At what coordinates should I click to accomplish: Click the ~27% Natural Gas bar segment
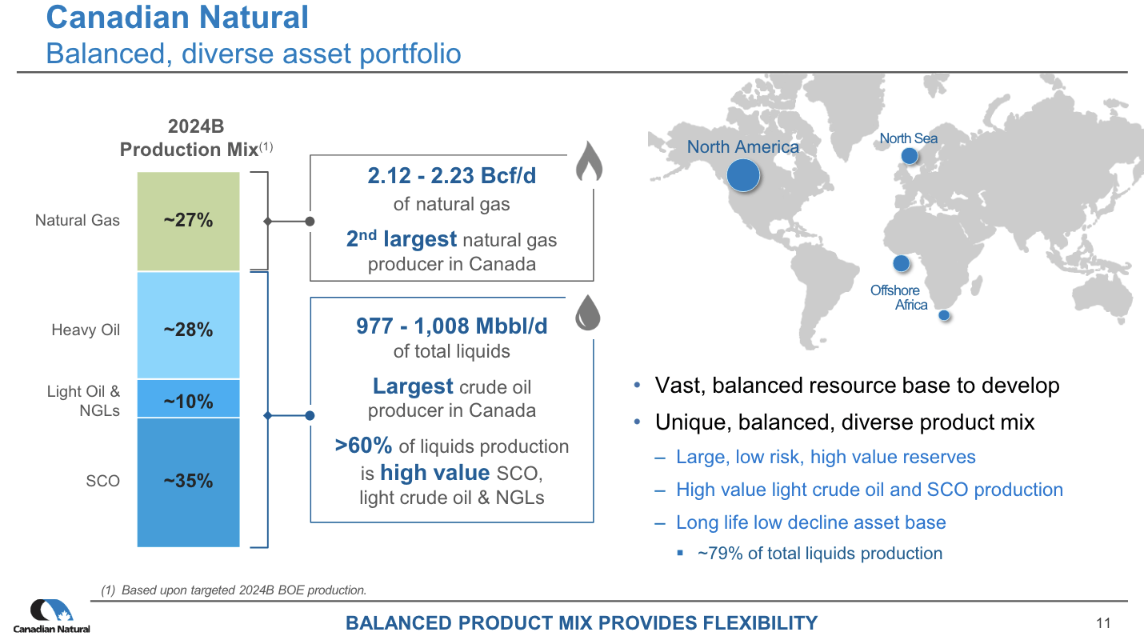coord(188,221)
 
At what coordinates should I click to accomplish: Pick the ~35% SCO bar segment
coord(188,481)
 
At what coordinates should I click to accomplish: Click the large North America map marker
coord(743,175)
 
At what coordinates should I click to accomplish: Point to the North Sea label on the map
coord(908,138)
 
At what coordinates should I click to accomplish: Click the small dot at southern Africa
coord(944,315)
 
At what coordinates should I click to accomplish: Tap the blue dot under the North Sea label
coord(909,155)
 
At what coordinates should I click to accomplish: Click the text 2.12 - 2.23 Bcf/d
coord(451,176)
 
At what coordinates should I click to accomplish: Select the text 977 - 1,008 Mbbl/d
coord(451,326)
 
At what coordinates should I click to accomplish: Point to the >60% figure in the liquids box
coord(363,446)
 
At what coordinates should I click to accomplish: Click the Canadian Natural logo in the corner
coord(51,617)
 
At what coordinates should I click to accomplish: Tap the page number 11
coord(1104,623)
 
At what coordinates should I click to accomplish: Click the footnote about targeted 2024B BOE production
coord(234,590)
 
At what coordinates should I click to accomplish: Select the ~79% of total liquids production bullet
coord(819,554)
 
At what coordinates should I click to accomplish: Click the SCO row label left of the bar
coord(102,481)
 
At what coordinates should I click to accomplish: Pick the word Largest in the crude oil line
coord(413,387)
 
